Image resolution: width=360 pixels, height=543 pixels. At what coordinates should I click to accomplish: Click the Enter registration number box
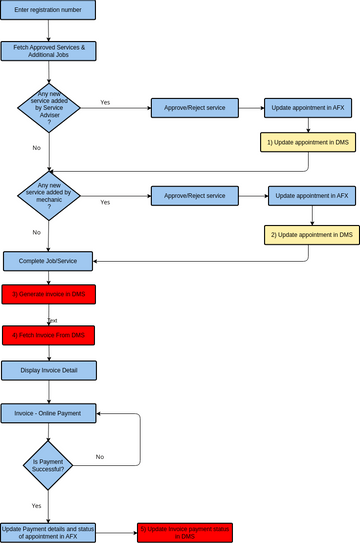tap(49, 10)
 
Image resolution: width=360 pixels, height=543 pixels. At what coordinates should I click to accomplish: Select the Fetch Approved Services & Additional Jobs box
tap(49, 51)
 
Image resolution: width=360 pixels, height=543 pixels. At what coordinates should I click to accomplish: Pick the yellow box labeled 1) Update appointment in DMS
tap(308, 143)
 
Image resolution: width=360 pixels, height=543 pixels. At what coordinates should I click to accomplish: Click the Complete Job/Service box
tap(49, 261)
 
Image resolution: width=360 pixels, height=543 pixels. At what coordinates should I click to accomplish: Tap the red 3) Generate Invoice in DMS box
tap(49, 294)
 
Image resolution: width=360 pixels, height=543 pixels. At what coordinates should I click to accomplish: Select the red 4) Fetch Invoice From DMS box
tap(49, 335)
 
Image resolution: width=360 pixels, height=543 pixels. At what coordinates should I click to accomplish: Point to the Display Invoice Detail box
tap(49, 371)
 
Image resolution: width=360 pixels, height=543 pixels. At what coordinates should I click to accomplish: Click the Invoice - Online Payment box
tap(49, 412)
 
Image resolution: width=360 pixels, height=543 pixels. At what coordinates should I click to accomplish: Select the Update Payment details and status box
tap(49, 531)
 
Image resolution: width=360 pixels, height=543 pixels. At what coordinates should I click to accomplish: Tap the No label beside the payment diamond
tap(100, 456)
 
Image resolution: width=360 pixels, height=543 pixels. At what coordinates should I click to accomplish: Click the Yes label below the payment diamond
tap(36, 505)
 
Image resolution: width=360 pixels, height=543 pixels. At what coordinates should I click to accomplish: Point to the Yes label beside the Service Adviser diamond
tap(105, 102)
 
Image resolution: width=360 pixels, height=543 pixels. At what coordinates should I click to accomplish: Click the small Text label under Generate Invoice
tap(52, 320)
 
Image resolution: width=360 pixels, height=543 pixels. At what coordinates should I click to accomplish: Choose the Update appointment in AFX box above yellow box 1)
tap(308, 108)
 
